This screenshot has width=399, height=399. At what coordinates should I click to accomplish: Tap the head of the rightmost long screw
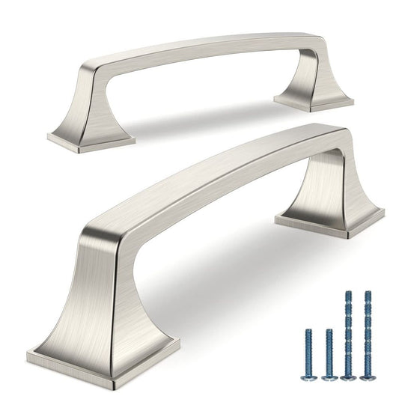pos(368,377)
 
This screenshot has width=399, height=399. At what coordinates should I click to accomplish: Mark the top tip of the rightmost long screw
pos(368,292)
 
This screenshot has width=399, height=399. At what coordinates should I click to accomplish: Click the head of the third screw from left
pos(349,377)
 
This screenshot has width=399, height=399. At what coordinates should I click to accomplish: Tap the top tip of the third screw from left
pos(349,292)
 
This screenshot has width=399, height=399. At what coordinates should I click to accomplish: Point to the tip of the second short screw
pos(329,329)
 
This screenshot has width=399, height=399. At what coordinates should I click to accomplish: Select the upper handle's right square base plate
pos(313,102)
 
